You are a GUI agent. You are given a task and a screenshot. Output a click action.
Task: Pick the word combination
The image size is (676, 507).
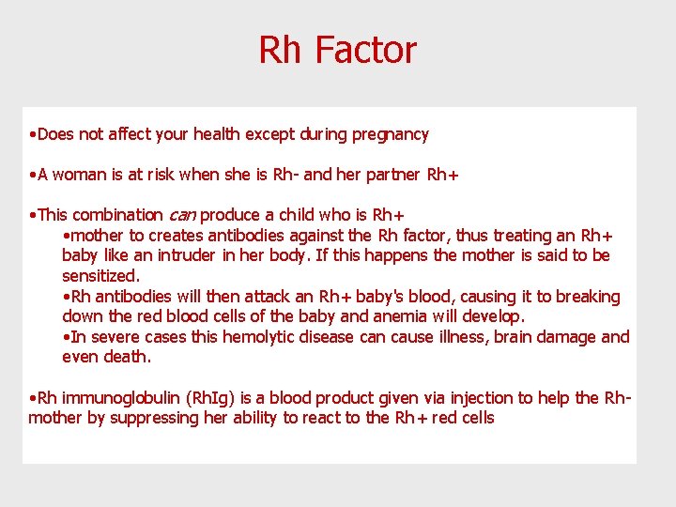pyautogui.click(x=117, y=215)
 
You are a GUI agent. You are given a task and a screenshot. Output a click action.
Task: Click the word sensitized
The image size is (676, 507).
pyautogui.click(x=100, y=276)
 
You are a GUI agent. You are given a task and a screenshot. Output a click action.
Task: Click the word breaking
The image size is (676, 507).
pyautogui.click(x=588, y=297)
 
